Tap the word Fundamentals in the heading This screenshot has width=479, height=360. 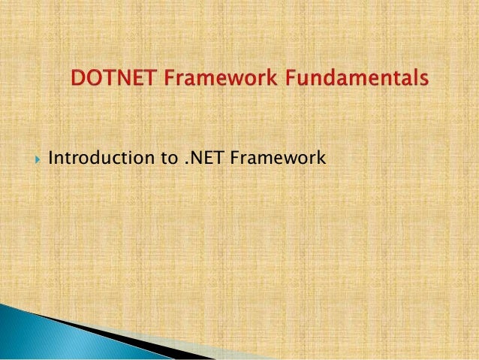[x=352, y=78]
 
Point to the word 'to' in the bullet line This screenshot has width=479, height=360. [x=163, y=159]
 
